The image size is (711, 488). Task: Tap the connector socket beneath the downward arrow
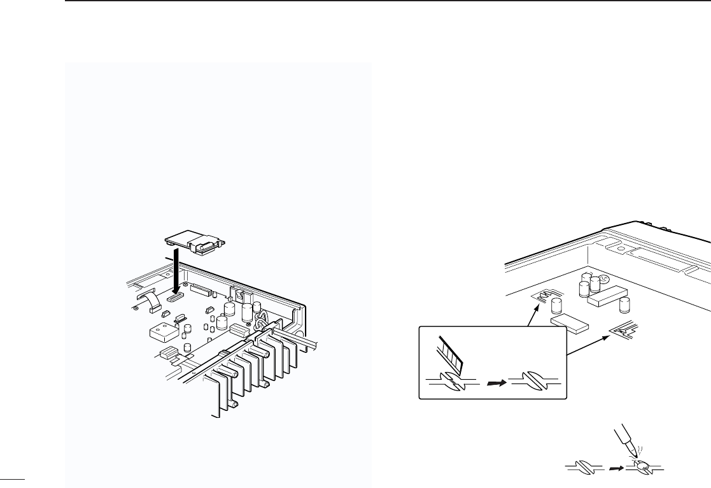(x=176, y=296)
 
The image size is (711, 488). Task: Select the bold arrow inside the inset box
(x=495, y=384)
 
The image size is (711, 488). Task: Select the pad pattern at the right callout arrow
(x=623, y=331)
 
